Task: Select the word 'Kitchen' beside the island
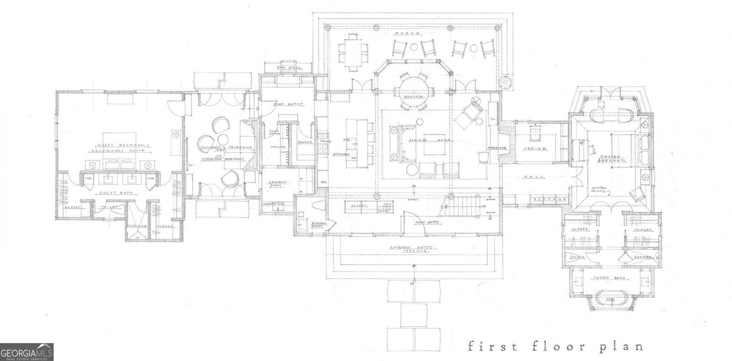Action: [x=338, y=154]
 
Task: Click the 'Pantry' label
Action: [x=305, y=142]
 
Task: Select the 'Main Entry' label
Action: [x=427, y=222]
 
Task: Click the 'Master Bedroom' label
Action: [x=610, y=159]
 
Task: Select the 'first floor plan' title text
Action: [x=555, y=346]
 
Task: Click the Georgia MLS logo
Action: [x=27, y=352]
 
